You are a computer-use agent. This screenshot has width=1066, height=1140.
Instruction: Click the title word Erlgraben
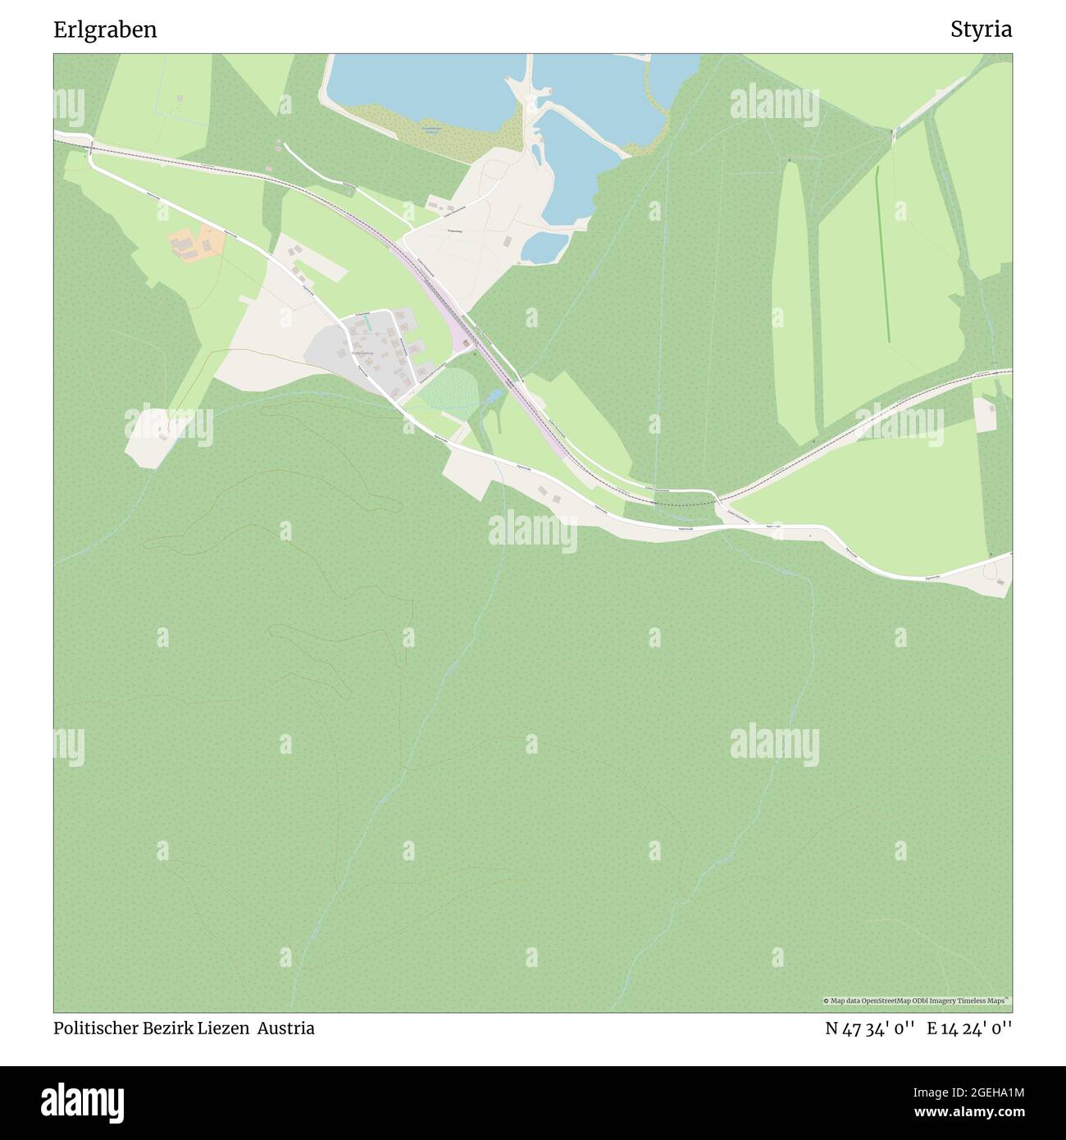[x=106, y=30]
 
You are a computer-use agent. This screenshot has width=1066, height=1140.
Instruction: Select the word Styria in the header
[x=981, y=30]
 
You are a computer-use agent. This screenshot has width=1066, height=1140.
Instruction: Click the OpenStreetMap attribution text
[x=917, y=1001]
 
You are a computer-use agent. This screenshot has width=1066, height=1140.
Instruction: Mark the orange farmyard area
[x=195, y=244]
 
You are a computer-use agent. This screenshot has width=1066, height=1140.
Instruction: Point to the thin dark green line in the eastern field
[x=882, y=254]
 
